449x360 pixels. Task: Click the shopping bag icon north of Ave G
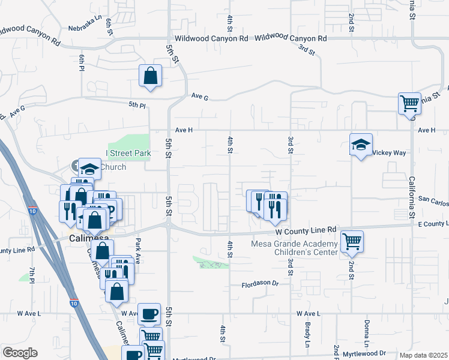click(150, 76)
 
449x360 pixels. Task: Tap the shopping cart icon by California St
click(409, 103)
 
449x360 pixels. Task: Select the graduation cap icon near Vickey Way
click(361, 145)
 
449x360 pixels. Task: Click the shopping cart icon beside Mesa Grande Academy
click(352, 241)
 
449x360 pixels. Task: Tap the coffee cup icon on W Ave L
click(149, 313)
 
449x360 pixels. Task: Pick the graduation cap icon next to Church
click(89, 169)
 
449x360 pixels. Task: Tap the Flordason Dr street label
click(260, 283)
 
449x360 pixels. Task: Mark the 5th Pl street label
click(137, 106)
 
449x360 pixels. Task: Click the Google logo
click(20, 353)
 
